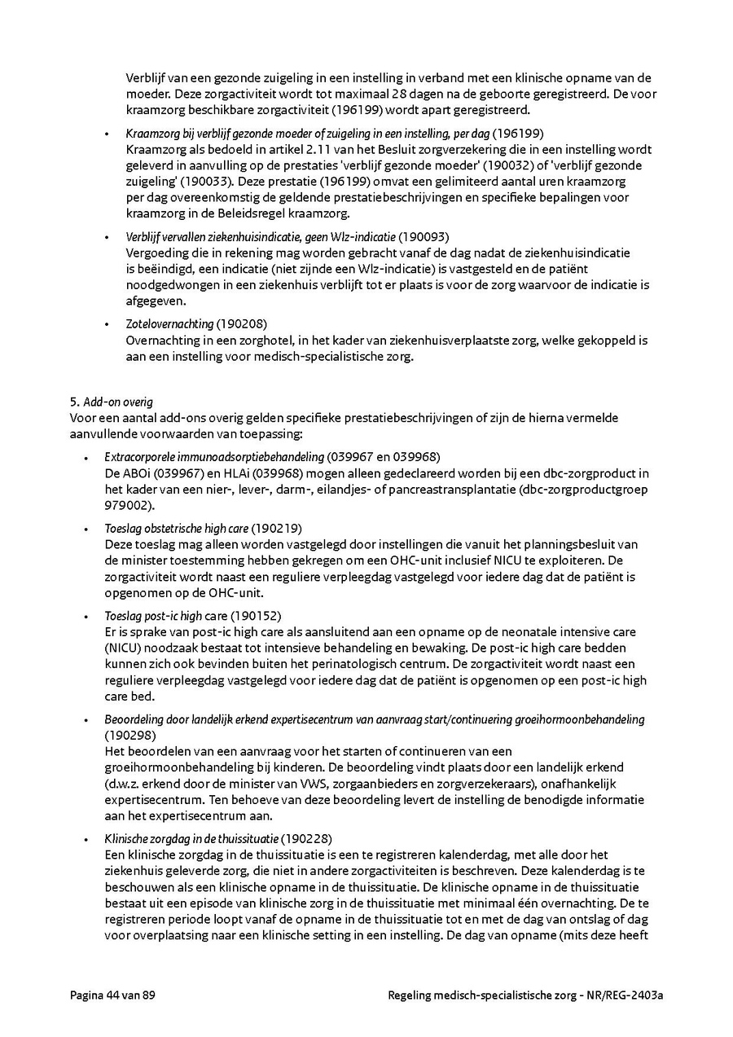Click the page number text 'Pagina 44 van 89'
[x=112, y=995]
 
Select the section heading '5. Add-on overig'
[x=112, y=402]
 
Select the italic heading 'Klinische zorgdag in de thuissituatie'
[x=191, y=838]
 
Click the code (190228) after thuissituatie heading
[x=306, y=838]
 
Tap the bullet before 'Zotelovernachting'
[x=107, y=324]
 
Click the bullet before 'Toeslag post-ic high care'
[x=86, y=615]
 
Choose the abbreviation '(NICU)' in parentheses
[x=123, y=648]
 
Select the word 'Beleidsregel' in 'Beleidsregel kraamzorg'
[x=244, y=213]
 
